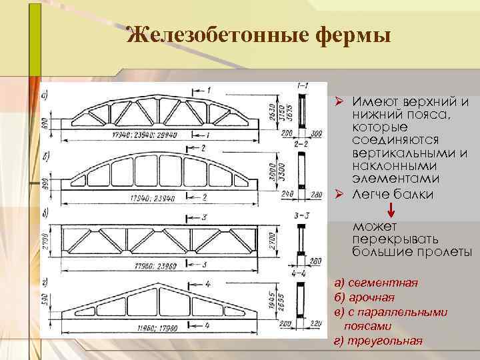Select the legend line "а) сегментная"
click(x=376, y=283)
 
